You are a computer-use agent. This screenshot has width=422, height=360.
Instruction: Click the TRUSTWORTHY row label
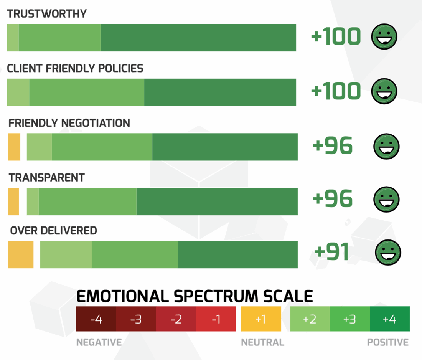pos(47,14)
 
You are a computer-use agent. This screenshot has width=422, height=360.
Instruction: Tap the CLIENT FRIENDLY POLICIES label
pos(75,69)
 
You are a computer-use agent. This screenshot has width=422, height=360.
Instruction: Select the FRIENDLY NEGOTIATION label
pos(69,123)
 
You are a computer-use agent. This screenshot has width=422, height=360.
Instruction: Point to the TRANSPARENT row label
pos(47,178)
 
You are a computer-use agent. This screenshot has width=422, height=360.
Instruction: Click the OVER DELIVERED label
pos(53,231)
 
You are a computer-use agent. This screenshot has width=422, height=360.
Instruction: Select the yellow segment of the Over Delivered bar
pos(21,254)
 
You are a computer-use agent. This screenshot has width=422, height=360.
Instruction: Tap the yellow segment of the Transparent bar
pos(13,201)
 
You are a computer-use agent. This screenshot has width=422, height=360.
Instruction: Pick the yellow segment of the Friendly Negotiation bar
pos(14,147)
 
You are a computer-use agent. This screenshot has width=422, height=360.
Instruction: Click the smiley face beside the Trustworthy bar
pos(384,37)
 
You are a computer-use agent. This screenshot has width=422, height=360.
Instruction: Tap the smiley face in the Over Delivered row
pos(388,253)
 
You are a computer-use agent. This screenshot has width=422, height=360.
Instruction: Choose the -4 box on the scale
pos(96,319)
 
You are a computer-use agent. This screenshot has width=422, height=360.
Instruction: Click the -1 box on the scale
pos(216,319)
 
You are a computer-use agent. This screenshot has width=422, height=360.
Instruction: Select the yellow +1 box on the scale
pos(260,319)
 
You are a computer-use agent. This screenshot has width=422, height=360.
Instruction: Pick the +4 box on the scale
pos(390,319)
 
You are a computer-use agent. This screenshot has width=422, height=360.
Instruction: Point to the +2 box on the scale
pos(310,319)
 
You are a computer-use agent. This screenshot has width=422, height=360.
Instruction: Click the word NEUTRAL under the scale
pos(262,342)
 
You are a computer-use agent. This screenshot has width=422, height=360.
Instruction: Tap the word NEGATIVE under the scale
pos(99,342)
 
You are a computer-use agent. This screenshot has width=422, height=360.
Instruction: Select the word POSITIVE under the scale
pos(388,342)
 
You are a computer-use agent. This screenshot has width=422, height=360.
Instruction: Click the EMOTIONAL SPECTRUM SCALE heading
pos(195,296)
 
